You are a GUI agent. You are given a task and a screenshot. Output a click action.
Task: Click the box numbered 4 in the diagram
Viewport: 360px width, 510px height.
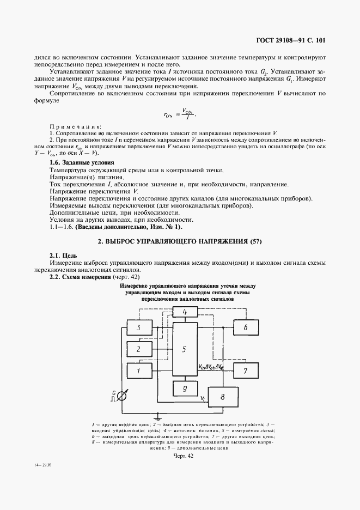(184, 313)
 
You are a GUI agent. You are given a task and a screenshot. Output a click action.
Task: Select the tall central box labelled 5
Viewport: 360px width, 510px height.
(184, 349)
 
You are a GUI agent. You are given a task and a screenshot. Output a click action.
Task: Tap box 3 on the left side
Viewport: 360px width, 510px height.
(138, 327)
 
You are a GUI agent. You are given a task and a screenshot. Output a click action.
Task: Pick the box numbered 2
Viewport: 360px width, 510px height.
(138, 349)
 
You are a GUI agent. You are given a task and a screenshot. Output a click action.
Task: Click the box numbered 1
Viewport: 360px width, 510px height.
(138, 370)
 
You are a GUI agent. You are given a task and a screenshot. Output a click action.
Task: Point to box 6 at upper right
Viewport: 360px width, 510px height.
(245, 327)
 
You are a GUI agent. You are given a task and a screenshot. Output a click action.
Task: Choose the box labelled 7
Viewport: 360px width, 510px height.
(245, 371)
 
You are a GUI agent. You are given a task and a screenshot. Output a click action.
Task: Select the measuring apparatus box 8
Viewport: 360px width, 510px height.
(223, 397)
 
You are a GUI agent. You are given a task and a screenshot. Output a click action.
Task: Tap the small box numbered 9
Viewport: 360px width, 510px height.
(184, 388)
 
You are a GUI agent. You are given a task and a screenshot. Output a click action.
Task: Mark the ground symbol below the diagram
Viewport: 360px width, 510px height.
(158, 416)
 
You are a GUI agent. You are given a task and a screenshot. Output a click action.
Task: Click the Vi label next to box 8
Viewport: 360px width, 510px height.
(203, 399)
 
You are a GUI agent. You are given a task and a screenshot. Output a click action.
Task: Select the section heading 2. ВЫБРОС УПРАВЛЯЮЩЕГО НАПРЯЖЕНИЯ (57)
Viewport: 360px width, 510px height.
(180, 241)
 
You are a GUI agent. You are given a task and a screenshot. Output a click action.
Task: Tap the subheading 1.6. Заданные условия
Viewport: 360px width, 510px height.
(82, 163)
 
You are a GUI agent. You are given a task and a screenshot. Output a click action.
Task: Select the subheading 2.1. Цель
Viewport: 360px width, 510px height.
(63, 255)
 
